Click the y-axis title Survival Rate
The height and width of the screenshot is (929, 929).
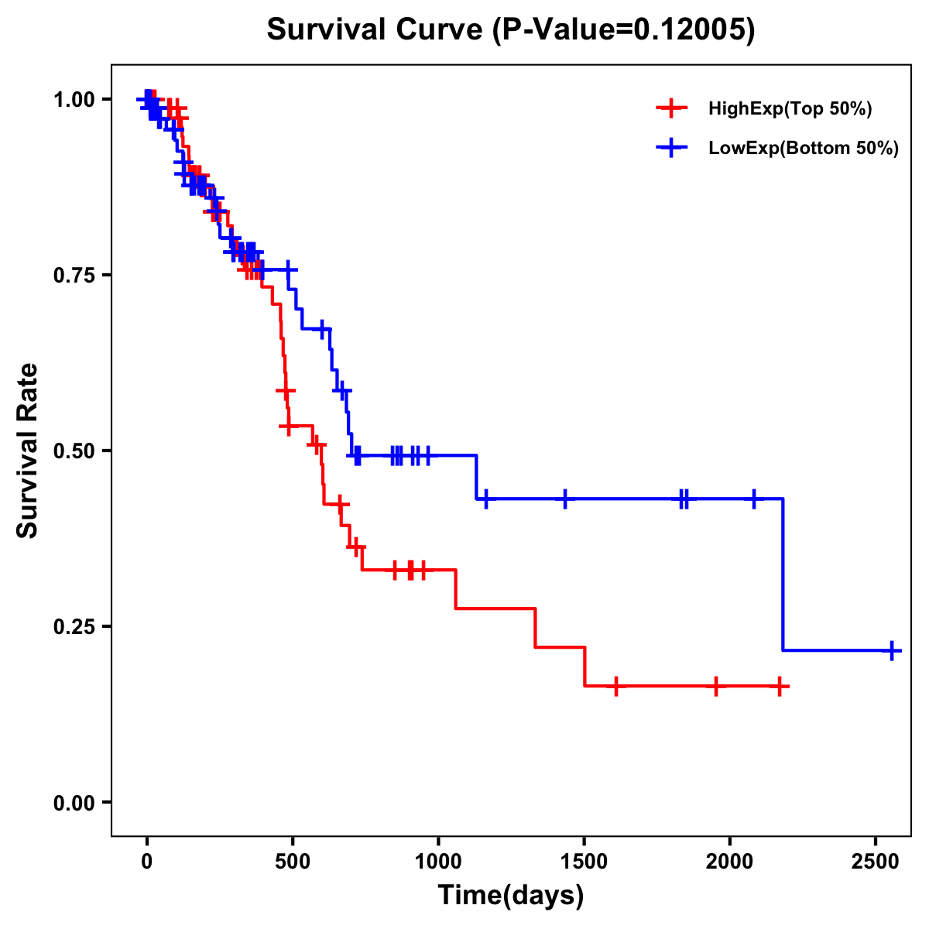[x=28, y=450]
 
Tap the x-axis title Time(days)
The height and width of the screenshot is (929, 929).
[x=511, y=896]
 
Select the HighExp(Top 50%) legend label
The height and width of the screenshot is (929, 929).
[x=790, y=109]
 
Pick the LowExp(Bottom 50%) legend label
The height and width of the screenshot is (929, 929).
[x=804, y=149]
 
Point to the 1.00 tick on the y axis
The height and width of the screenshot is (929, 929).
[x=74, y=100]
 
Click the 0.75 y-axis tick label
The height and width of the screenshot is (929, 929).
[x=74, y=276]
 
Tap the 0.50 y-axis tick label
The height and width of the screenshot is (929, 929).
[x=74, y=451]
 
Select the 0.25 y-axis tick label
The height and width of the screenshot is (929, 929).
[x=74, y=627]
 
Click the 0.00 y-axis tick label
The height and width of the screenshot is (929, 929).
[x=74, y=803]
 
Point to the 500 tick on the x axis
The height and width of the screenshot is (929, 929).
[x=293, y=858]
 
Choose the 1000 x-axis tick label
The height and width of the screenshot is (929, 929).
[x=438, y=858]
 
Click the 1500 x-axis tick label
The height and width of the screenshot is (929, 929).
[x=584, y=858]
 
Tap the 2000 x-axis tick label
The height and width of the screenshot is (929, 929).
[x=730, y=858]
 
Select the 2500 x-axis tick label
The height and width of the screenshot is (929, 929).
[x=876, y=858]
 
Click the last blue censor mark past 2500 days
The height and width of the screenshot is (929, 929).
[x=892, y=650]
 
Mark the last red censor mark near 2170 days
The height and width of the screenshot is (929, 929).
[x=780, y=686]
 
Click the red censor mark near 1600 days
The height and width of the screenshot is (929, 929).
[x=616, y=686]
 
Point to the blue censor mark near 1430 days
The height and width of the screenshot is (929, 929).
[x=564, y=499]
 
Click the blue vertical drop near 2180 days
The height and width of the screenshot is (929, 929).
[x=783, y=573]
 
